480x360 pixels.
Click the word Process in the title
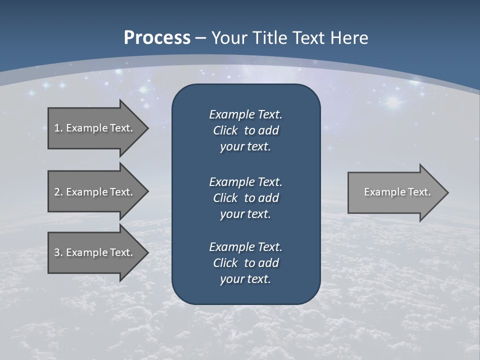[157, 37]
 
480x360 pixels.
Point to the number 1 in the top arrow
[57, 128]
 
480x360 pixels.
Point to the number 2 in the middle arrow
[57, 192]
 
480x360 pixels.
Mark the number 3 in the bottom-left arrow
[57, 252]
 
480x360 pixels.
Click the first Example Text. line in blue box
[245, 114]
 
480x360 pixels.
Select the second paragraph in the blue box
[245, 197]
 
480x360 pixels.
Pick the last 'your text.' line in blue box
[245, 279]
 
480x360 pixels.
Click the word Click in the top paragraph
[225, 130]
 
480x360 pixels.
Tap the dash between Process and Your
[200, 38]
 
